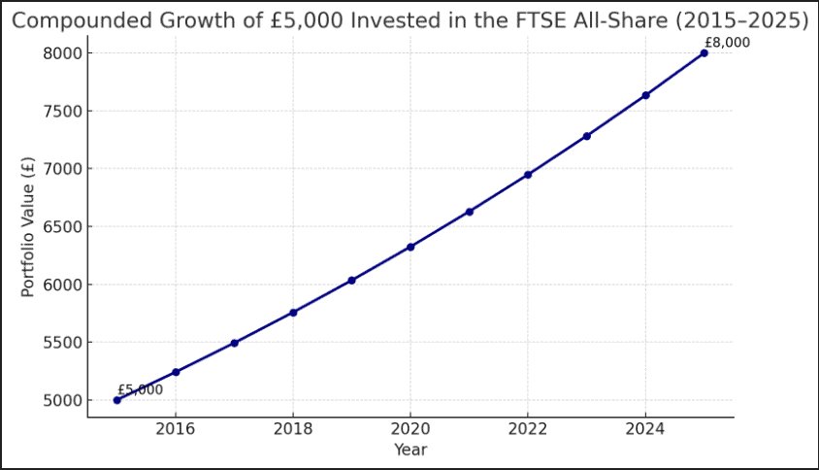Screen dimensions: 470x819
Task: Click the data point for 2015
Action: pos(117,400)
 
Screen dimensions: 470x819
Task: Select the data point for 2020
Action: pos(410,247)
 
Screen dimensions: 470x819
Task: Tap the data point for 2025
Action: pos(704,53)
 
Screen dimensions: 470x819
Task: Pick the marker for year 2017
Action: pos(235,343)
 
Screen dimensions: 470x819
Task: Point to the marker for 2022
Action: pos(528,175)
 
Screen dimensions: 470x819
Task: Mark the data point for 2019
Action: pos(351,281)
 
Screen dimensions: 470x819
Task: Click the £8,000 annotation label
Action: pos(727,43)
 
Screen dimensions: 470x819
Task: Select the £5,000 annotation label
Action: pos(140,389)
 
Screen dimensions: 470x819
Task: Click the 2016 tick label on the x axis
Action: pos(176,430)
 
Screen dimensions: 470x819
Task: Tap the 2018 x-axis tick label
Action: pos(293,430)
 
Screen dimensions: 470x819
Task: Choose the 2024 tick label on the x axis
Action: pos(645,430)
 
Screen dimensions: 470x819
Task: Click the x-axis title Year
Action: pos(410,450)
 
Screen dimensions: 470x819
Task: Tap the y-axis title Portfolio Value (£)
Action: pos(27,226)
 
